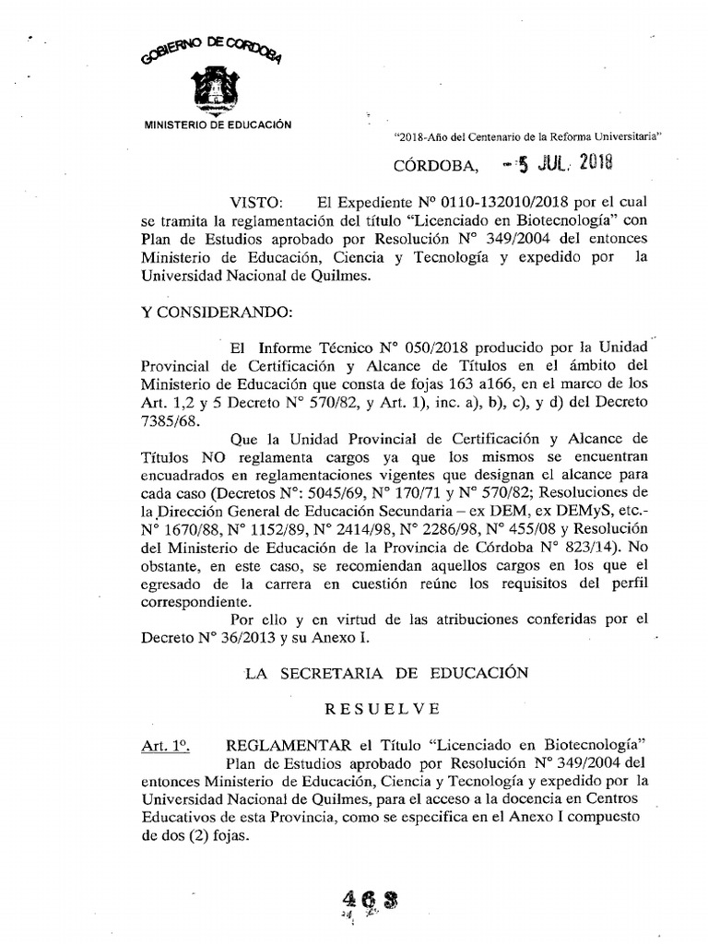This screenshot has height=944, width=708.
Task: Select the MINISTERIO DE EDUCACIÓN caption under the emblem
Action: pos(213,124)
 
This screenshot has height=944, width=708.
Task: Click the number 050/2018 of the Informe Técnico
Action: pos(442,349)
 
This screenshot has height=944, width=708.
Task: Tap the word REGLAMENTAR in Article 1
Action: pos(280,745)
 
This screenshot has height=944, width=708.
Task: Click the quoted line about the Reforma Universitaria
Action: pos(530,135)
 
